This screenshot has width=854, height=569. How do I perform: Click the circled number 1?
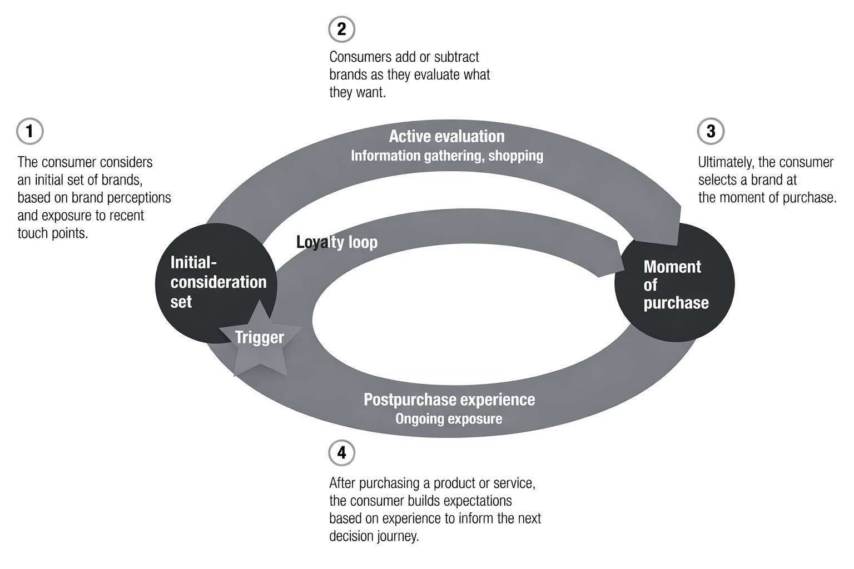pos(30,132)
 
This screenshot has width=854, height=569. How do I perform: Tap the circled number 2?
pos(341,29)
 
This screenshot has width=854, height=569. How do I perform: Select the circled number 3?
pos(711,132)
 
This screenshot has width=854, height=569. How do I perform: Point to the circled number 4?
pos(341,453)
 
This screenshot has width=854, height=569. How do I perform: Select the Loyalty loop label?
pos(337,242)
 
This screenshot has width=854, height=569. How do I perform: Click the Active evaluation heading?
pos(446,136)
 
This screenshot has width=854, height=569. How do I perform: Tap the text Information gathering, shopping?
pos(446,156)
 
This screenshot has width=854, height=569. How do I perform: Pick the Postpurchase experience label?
pos(449,400)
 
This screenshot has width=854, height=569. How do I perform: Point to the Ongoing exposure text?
pos(449,418)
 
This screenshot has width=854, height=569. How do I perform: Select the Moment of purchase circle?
pos(675,284)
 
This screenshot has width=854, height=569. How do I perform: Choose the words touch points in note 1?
pos(53,233)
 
